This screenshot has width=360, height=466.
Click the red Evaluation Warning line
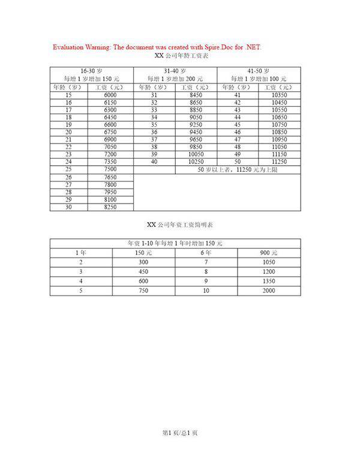[x=157, y=47]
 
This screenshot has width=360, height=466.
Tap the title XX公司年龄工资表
[x=181, y=56]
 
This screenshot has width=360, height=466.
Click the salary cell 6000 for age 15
[x=110, y=95]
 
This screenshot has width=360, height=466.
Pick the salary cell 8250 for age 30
[x=110, y=207]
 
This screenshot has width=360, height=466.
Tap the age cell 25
[x=68, y=169]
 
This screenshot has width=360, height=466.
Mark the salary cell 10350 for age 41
[x=279, y=95]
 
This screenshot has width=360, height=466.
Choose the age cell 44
[x=237, y=117]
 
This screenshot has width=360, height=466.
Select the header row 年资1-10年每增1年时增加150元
[x=175, y=243]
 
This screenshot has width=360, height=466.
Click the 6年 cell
[x=206, y=252]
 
